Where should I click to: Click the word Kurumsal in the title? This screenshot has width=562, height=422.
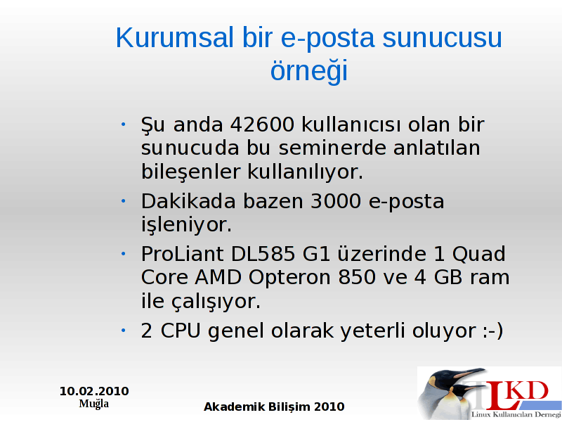point(174,37)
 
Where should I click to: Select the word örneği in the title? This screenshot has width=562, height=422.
point(309,71)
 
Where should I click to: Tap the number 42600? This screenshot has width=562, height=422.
point(262,125)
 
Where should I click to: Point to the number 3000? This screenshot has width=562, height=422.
point(336,201)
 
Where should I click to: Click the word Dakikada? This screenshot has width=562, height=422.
point(188,201)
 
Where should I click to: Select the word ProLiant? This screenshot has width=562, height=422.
point(183,254)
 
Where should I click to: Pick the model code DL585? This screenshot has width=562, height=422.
point(263,254)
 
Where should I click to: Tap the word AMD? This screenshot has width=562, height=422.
point(218,277)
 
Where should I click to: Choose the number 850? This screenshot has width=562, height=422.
point(357,277)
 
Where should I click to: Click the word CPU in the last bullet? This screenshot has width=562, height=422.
point(181,331)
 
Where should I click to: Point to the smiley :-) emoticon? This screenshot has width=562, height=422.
point(493,331)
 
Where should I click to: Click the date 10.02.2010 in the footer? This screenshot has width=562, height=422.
point(94,391)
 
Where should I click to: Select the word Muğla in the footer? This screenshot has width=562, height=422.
point(94,404)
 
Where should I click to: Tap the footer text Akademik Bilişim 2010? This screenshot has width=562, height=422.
point(274,407)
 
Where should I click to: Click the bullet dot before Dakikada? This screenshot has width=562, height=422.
point(124,201)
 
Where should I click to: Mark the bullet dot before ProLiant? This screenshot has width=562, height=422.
point(124,254)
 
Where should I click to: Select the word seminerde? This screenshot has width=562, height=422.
point(332,148)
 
